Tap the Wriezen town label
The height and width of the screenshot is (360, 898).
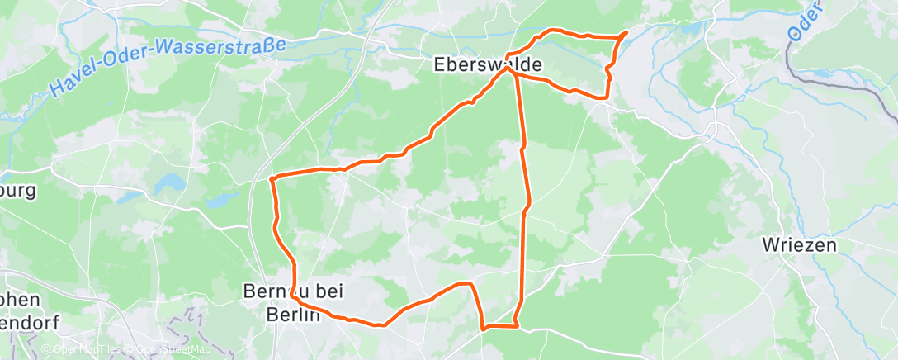coord(799,245)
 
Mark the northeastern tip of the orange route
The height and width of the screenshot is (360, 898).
coord(626,32)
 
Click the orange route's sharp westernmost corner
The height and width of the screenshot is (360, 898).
coord(271,178)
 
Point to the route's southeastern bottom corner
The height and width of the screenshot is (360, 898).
coord(516,325)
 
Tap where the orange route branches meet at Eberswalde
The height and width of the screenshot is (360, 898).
coord(510,70)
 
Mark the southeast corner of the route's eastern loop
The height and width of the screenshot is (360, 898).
coord(607,97)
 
